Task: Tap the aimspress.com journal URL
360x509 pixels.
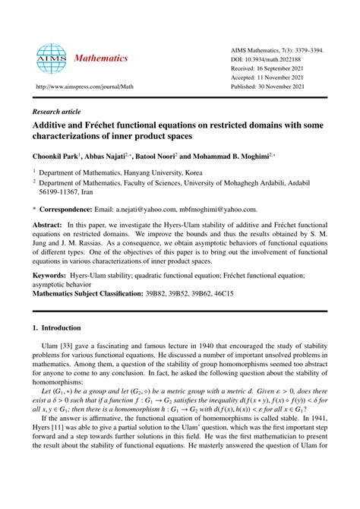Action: (x=91, y=88)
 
